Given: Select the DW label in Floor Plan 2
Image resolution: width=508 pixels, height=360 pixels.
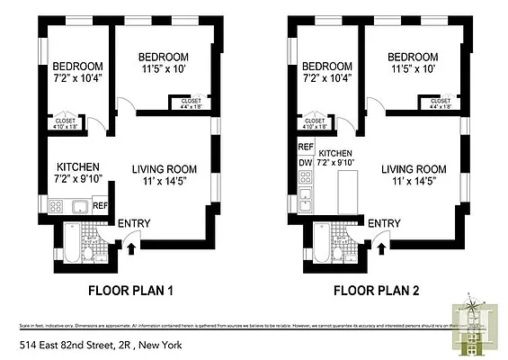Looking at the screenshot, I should coord(305,163).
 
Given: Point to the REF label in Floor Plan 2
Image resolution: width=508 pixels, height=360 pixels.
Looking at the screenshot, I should coord(305,146).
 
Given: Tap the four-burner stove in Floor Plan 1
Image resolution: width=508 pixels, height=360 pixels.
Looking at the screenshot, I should coord(57,207).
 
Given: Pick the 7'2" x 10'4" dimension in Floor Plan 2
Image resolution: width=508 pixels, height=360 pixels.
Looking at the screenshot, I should coord(326,79).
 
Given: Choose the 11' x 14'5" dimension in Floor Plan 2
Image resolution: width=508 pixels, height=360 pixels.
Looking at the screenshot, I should coord(414,181).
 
